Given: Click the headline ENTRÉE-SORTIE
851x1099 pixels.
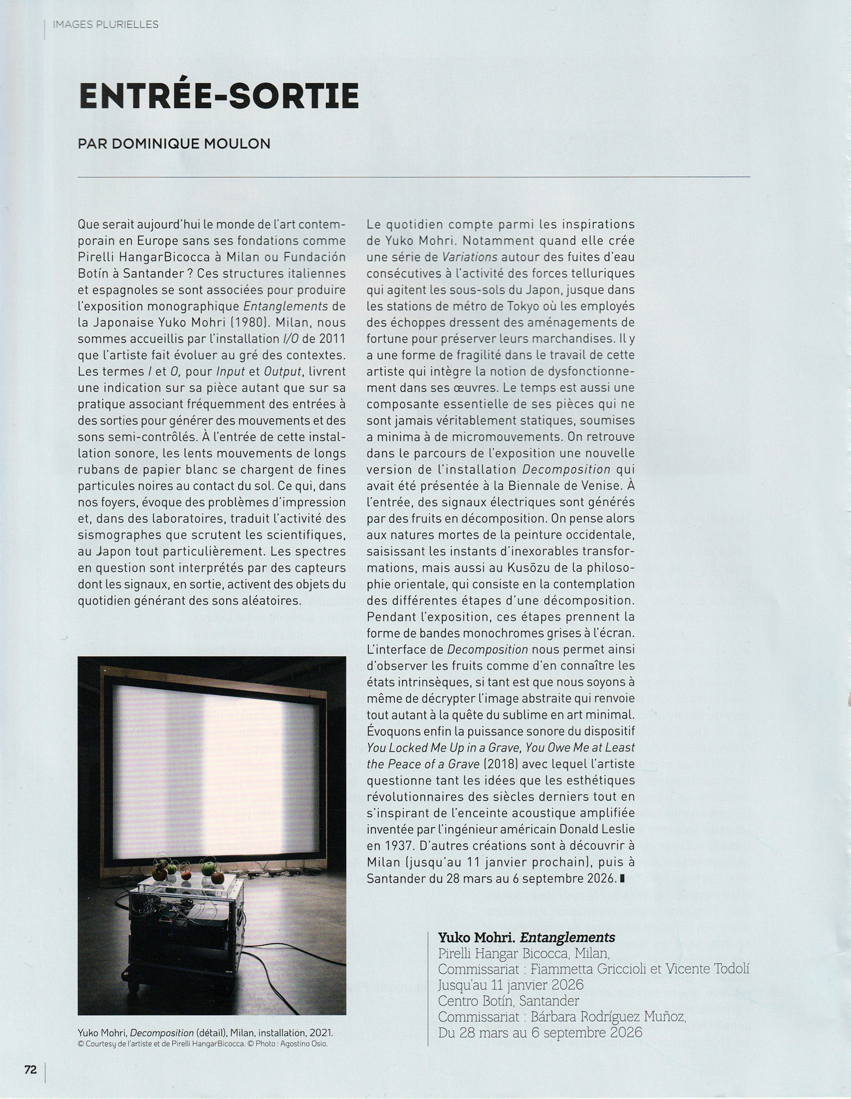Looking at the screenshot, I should click(218, 95).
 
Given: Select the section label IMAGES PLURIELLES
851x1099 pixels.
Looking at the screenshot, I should click(105, 25).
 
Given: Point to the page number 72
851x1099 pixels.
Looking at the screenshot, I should click(30, 1070).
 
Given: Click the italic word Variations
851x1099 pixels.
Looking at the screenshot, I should click(470, 257).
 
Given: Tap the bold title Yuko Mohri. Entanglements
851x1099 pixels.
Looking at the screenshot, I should click(526, 937).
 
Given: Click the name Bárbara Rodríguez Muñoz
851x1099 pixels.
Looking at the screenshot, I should click(608, 1016).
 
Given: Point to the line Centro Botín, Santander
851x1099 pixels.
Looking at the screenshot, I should click(509, 1000).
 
